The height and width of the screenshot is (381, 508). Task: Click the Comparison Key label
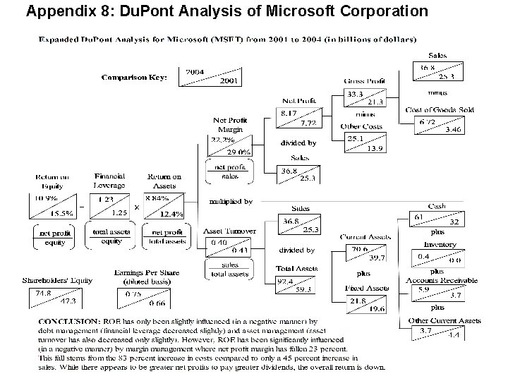(x=133, y=77)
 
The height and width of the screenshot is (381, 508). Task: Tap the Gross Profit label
(x=365, y=82)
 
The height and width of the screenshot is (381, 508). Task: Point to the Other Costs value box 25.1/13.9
(x=365, y=143)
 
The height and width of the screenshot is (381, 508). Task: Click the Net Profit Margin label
(x=230, y=125)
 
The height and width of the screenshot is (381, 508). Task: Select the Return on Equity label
(x=54, y=181)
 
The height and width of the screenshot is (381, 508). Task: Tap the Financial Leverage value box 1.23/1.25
(x=110, y=205)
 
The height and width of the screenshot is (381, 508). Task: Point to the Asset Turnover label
(x=230, y=231)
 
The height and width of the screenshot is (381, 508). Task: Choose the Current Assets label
(x=365, y=237)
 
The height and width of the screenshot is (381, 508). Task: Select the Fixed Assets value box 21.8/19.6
(x=365, y=304)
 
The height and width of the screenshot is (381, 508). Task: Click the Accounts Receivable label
(x=443, y=280)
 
